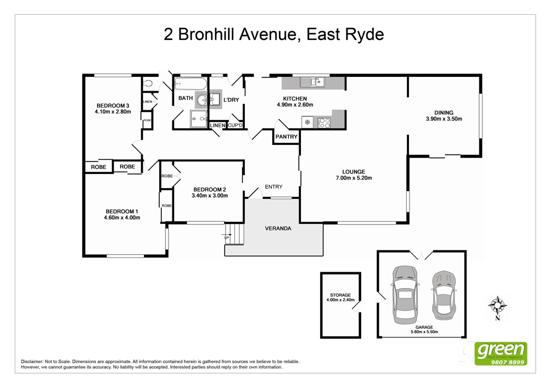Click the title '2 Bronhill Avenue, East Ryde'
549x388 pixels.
pyautogui.click(x=274, y=35)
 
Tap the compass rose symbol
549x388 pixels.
pyautogui.click(x=497, y=305)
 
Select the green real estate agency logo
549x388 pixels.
pyautogui.click(x=501, y=353)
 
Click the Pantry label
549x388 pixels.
pyautogui.click(x=286, y=137)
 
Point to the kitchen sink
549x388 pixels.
pyautogui.click(x=312, y=82)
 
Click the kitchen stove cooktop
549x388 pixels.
pyautogui.click(x=324, y=123)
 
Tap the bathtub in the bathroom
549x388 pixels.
pyautogui.click(x=191, y=85)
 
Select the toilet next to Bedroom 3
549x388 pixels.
pyautogui.click(x=147, y=84)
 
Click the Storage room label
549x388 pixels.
pyautogui.click(x=340, y=295)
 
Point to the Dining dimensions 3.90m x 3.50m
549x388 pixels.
pyautogui.click(x=444, y=119)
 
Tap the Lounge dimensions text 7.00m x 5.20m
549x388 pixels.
pyautogui.click(x=354, y=178)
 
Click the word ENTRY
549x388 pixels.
pyautogui.click(x=273, y=187)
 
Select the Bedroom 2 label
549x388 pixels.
pyautogui.click(x=209, y=189)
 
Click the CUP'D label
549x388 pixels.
pyautogui.click(x=235, y=126)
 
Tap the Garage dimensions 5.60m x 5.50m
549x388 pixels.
pyautogui.click(x=421, y=332)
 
